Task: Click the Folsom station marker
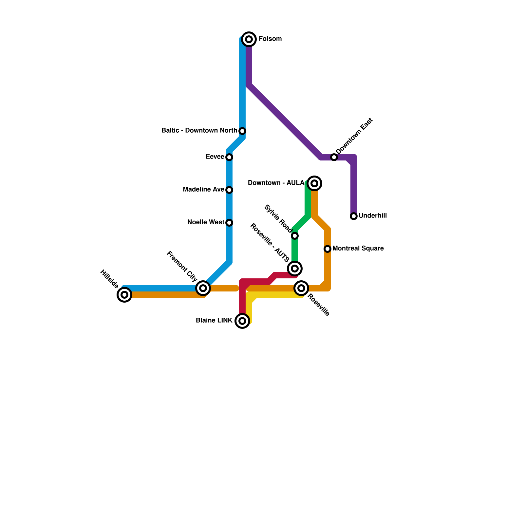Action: click(x=249, y=39)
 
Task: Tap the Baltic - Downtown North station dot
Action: click(x=242, y=131)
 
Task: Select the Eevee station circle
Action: click(x=229, y=157)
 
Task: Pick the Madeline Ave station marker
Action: click(x=229, y=190)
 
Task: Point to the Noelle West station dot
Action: click(x=229, y=223)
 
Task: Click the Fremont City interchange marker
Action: click(x=203, y=288)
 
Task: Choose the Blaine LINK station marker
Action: click(x=242, y=321)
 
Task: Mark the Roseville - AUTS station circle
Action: click(x=295, y=269)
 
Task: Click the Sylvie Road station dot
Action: click(x=295, y=236)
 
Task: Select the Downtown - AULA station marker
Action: click(x=314, y=183)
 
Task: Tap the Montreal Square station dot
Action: click(x=327, y=249)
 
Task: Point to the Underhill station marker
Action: click(x=354, y=216)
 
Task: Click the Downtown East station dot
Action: click(x=334, y=157)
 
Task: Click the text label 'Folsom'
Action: click(x=270, y=39)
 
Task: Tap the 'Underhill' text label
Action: click(x=373, y=216)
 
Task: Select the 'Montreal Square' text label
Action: click(x=358, y=249)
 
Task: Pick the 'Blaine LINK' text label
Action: click(x=214, y=321)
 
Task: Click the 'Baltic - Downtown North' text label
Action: click(x=199, y=131)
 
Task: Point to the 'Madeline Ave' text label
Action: click(x=203, y=190)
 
